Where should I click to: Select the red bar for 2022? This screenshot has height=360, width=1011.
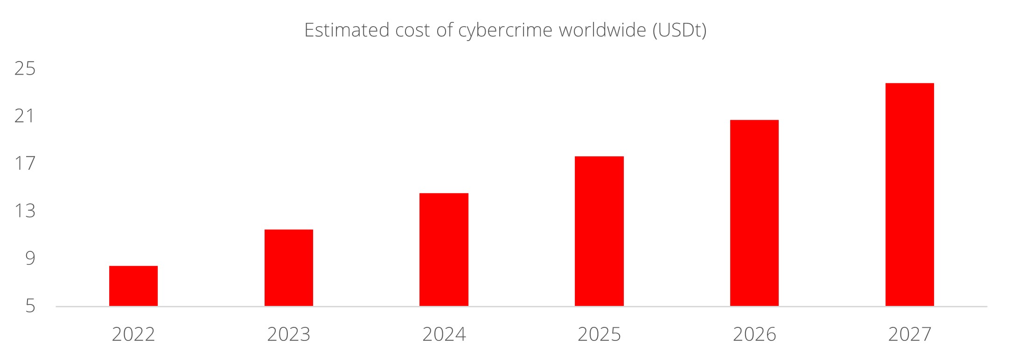(133, 286)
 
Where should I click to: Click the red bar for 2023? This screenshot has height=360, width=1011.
(289, 268)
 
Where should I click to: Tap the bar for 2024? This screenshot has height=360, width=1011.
(444, 249)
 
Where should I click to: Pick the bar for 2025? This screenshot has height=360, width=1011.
(599, 231)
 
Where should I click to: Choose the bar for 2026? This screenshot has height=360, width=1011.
(754, 213)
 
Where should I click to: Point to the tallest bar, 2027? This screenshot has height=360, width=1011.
(909, 194)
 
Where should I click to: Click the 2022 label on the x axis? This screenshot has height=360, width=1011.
(133, 334)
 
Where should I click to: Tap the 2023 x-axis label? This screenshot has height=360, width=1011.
(289, 334)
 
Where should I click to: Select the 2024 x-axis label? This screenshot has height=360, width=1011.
(444, 334)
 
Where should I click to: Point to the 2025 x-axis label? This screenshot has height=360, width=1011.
(599, 334)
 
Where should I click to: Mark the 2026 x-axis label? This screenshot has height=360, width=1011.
(754, 334)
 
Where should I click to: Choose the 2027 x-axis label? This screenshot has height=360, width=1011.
(909, 334)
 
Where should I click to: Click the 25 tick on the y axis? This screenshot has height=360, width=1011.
(25, 69)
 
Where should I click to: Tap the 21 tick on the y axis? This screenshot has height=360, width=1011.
(25, 116)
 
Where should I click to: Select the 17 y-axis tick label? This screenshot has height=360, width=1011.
(25, 164)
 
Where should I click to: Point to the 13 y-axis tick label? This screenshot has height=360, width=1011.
(25, 211)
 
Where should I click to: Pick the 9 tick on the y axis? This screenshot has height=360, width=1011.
(30, 258)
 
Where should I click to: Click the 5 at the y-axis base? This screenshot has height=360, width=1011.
(30, 306)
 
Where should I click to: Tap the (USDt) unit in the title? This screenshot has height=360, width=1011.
(679, 30)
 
